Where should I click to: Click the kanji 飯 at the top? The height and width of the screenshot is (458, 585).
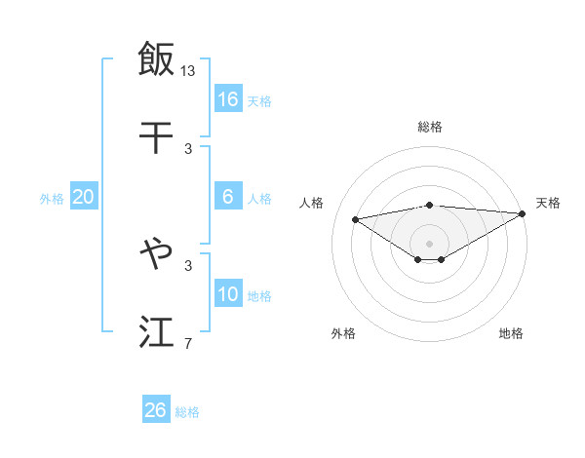[156, 58]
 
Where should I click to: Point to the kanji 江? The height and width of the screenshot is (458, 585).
[156, 332]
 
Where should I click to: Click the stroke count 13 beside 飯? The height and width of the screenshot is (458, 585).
[188, 70]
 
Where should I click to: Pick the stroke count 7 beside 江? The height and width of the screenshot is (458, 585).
[188, 343]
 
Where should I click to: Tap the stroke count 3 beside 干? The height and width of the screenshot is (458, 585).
[188, 148]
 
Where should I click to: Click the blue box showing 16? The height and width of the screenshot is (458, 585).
[228, 99]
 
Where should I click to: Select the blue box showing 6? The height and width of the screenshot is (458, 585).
[228, 197]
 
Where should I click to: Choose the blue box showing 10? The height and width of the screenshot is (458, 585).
[228, 294]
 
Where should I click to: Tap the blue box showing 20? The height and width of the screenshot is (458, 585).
[83, 197]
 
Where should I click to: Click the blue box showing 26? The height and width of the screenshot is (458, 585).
[156, 410]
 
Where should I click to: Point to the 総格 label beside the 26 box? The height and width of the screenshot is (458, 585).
[187, 412]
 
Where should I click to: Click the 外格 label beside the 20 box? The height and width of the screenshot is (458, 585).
[52, 199]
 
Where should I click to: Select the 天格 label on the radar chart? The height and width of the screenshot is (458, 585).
[548, 203]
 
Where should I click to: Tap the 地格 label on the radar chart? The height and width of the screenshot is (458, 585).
[511, 333]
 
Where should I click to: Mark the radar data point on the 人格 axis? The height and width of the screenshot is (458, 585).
[355, 218]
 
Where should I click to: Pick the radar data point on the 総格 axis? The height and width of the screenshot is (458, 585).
[429, 205]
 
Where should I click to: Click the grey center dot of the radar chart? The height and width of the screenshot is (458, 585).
[429, 243]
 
